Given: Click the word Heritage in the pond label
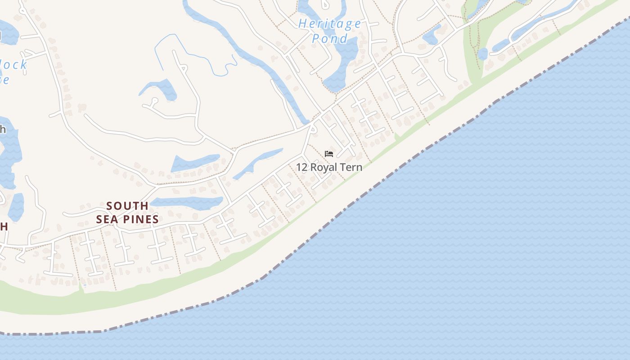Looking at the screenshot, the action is pyautogui.click(x=330, y=24).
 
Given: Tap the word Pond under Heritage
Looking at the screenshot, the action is pyautogui.click(x=330, y=39).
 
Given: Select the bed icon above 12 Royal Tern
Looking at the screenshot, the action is pyautogui.click(x=329, y=154).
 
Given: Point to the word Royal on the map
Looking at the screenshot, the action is pyautogui.click(x=324, y=167).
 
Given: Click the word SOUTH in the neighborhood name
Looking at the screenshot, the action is pyautogui.click(x=127, y=206).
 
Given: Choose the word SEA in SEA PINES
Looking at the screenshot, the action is pyautogui.click(x=107, y=220).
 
